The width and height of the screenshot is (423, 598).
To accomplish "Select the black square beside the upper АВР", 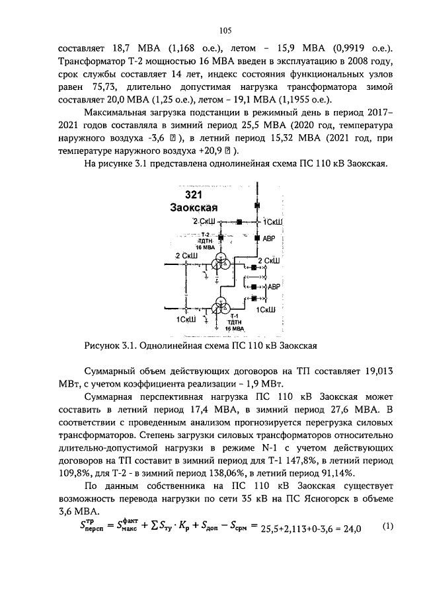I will click(x=256, y=237).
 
